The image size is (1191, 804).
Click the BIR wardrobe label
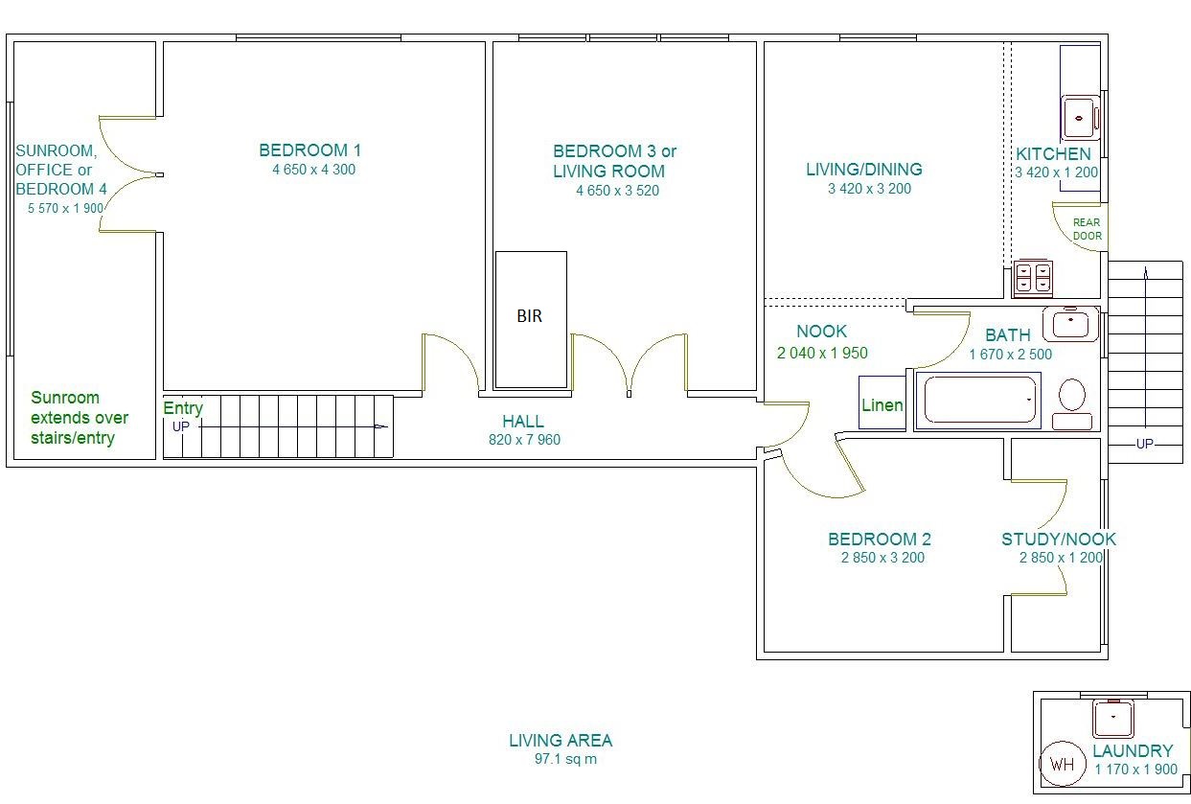pos(529,316)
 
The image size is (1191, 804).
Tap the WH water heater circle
pos(1063,764)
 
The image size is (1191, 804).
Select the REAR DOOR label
pos(1087,229)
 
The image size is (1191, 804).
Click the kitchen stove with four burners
pos(1033,278)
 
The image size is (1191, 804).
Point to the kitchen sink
pos(1080,118)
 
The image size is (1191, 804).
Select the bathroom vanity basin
pos(1070,323)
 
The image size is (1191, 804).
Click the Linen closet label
pos(882,405)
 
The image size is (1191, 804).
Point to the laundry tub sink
pos(1112,719)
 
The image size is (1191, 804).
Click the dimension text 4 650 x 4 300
pos(313,170)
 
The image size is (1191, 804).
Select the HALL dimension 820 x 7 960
pos(524,440)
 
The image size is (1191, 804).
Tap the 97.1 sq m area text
pos(565,759)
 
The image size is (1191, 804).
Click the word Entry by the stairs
pos(183,408)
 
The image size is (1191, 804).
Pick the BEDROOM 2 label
pos(880,540)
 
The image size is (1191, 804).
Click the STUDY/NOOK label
pos(1059,540)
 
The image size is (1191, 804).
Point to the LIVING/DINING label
pos(864,169)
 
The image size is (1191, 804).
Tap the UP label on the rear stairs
pos(1144,444)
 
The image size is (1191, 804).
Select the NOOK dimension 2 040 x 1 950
pos(822,353)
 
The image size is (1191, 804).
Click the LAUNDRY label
pos(1133,751)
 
